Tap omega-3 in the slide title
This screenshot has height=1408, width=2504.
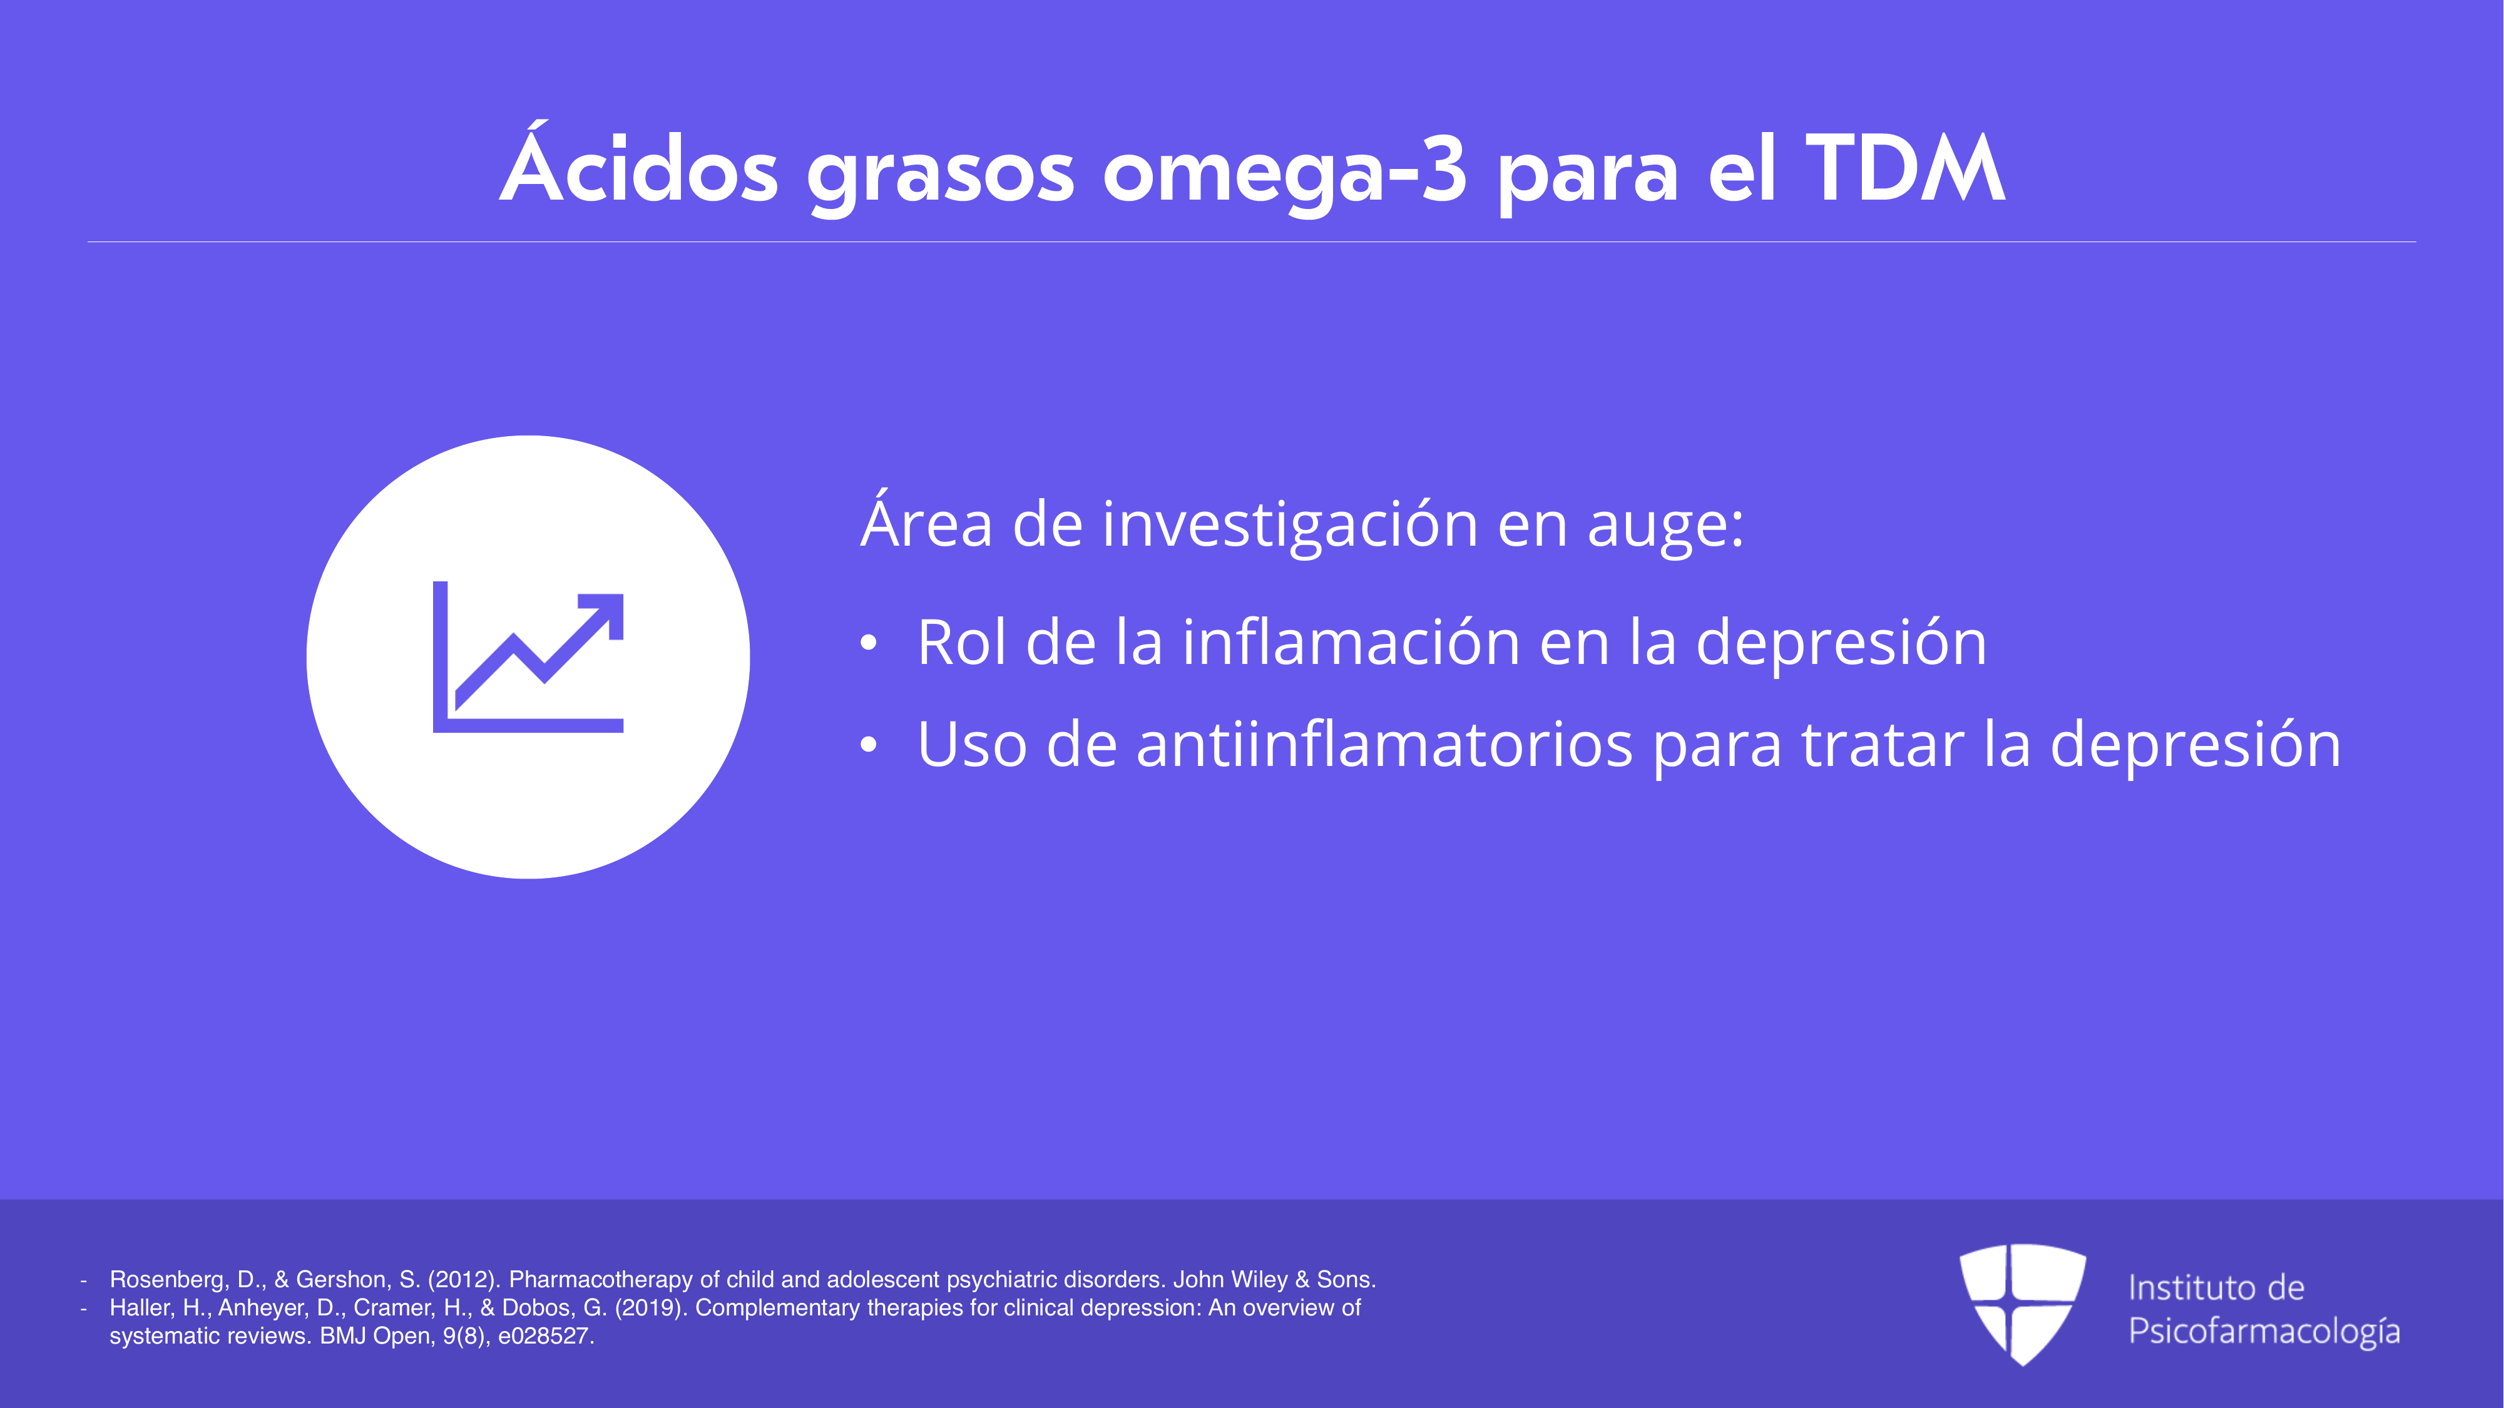[1284, 171]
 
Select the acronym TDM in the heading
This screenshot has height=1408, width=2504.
[1905, 167]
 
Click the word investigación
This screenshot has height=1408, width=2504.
[1290, 526]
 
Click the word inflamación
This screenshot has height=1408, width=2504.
[1351, 641]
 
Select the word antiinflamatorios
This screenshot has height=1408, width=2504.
[1384, 743]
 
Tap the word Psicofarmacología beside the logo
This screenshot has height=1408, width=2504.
[2264, 1331]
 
